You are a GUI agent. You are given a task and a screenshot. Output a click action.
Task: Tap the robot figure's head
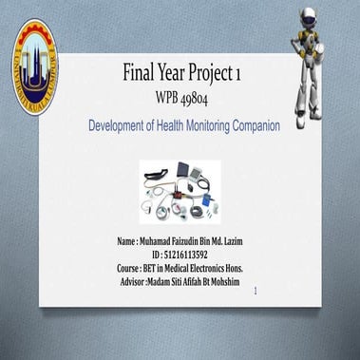point(319,17)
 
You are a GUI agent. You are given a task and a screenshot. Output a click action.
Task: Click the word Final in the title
point(142,73)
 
